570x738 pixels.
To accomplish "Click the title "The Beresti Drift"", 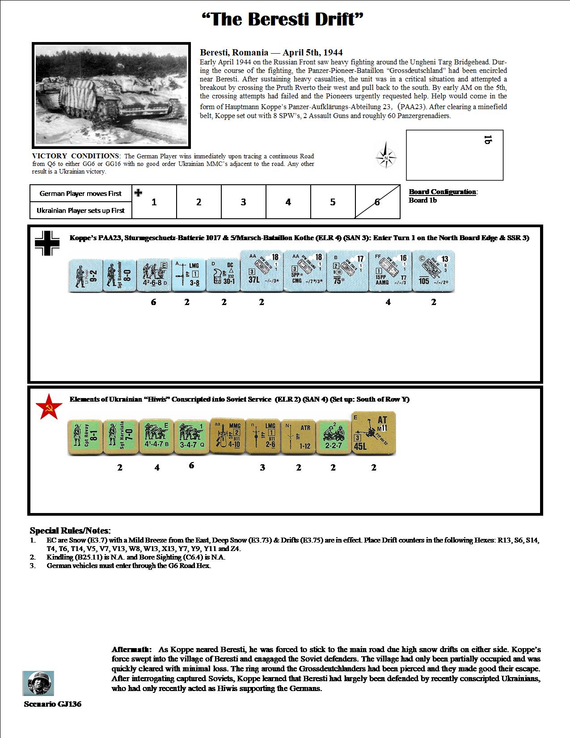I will click(283, 20).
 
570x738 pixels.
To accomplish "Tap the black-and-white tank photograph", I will click(111, 95).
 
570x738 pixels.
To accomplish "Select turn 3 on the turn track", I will click(243, 202).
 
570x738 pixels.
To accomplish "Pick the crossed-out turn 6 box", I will click(377, 202).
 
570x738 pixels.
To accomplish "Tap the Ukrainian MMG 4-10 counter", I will click(227, 436).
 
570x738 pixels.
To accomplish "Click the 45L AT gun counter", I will click(374, 433).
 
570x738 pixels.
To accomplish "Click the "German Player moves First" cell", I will click(80, 194).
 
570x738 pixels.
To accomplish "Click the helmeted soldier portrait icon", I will click(38, 683).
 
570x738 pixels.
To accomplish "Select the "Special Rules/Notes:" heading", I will click(70, 531).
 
